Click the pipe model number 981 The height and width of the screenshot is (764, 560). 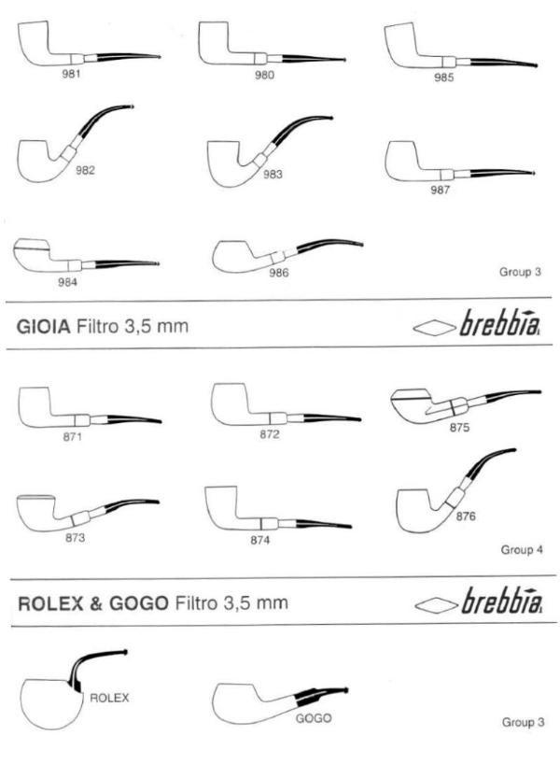(71, 74)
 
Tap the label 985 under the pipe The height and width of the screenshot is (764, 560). (443, 78)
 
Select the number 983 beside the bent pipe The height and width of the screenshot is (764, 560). (273, 175)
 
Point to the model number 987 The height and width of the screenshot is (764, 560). (440, 190)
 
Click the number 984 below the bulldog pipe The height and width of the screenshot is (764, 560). (68, 282)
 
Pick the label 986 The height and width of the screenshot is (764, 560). (279, 273)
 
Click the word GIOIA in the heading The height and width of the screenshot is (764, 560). (44, 327)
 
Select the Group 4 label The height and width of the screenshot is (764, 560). (522, 550)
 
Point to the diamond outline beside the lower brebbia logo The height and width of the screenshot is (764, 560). (436, 604)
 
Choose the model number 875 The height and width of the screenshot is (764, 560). (460, 428)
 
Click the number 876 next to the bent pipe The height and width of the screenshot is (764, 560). (466, 516)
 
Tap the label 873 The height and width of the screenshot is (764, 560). (75, 538)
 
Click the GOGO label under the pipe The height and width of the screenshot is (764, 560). (314, 718)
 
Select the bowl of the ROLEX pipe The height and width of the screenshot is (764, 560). (52, 704)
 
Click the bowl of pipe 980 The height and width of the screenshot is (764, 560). (215, 41)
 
